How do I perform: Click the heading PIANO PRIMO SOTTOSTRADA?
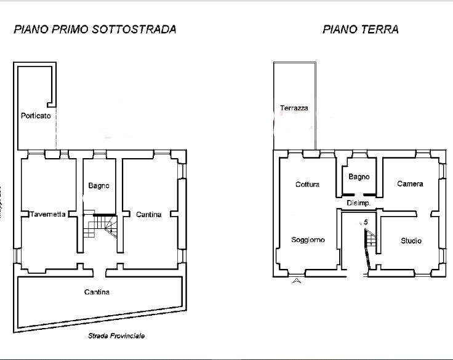(95, 29)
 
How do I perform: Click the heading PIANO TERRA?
(360, 29)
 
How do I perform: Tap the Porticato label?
(36, 115)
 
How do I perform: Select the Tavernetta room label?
(48, 214)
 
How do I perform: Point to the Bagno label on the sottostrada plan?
(98, 185)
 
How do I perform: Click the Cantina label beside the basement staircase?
(148, 214)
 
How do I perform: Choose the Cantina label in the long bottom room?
(97, 292)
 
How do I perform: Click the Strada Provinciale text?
(116, 336)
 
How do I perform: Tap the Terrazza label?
(294, 108)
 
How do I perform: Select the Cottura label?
(307, 184)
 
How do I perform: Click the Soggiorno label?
(308, 240)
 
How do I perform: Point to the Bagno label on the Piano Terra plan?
(359, 177)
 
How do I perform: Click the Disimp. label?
(358, 202)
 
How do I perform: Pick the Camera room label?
(410, 183)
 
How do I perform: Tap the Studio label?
(411, 241)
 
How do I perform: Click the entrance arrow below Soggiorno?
(297, 281)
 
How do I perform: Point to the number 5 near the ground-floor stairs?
(366, 222)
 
